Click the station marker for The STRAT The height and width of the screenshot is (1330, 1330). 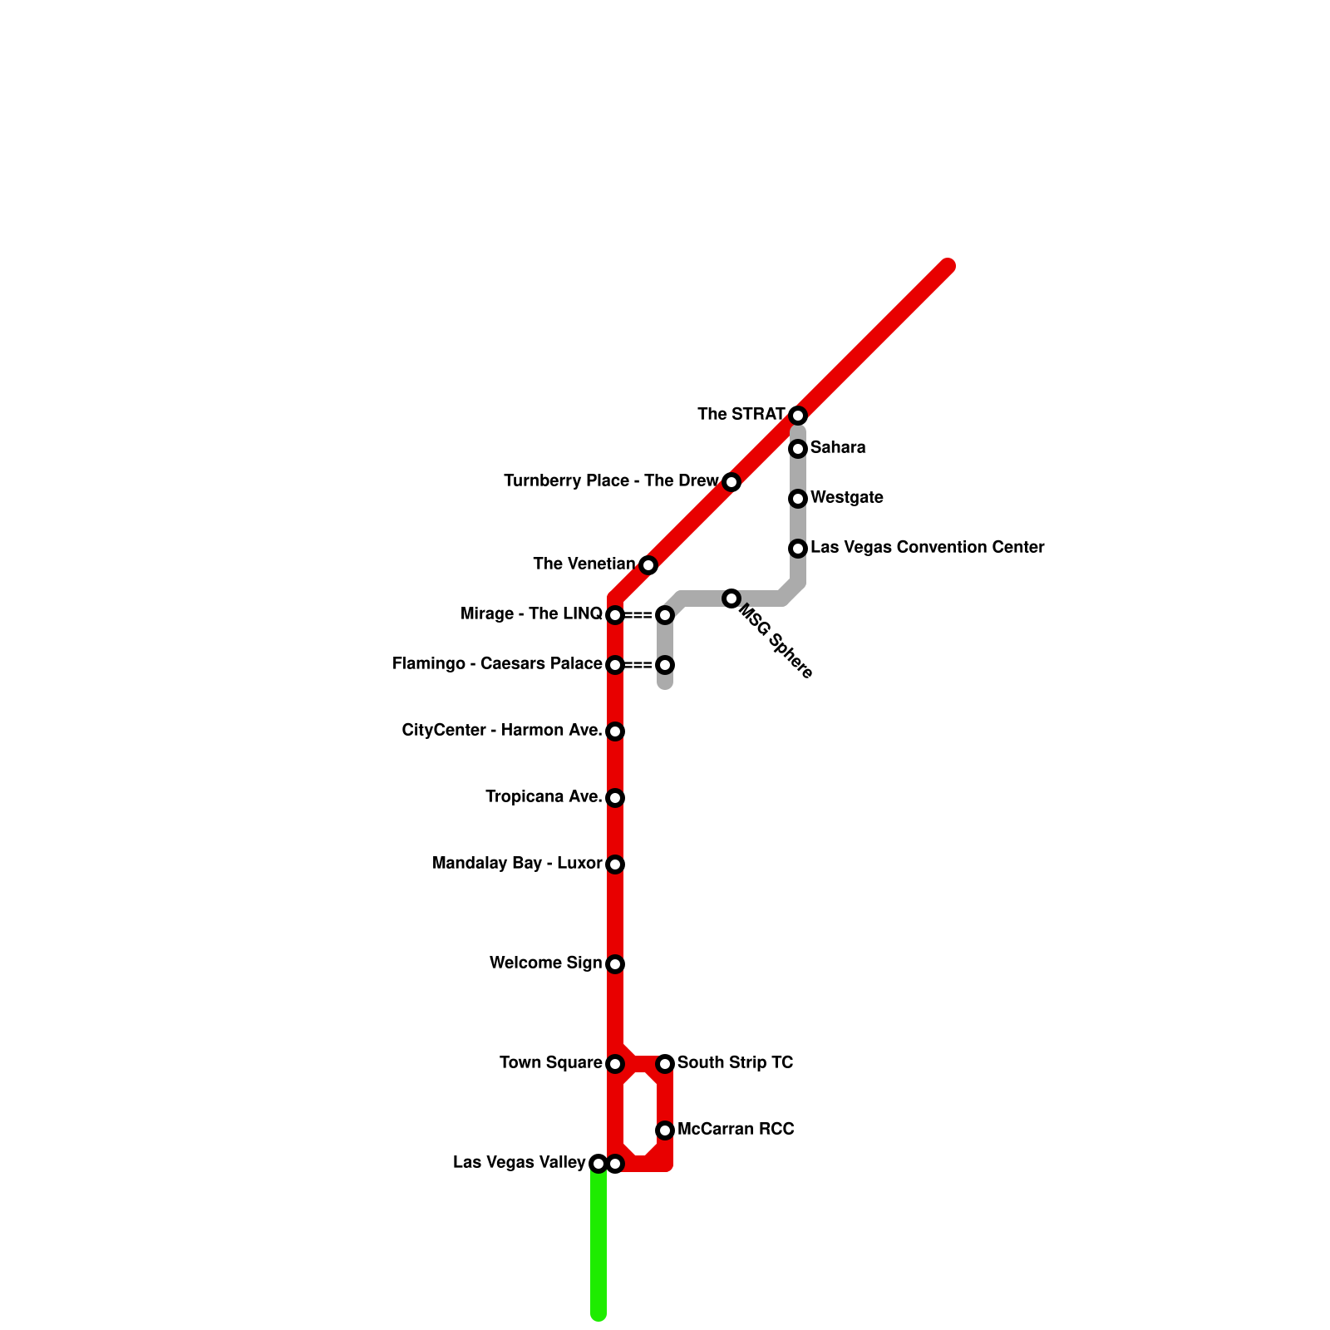click(x=798, y=415)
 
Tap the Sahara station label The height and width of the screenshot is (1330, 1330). click(x=838, y=448)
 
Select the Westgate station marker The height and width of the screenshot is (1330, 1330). click(x=798, y=499)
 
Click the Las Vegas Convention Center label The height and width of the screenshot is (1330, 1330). click(x=927, y=548)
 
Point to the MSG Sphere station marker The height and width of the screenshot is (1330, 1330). click(x=731, y=598)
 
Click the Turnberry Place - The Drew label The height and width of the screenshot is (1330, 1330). click(x=611, y=481)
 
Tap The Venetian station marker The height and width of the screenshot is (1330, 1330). click(x=648, y=565)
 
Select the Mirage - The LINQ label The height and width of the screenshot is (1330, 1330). click(x=531, y=614)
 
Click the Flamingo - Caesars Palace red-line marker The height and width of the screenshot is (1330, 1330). click(x=615, y=665)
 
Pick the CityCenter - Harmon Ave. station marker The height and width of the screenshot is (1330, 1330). click(x=615, y=731)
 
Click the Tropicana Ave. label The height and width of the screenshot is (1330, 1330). click(x=544, y=797)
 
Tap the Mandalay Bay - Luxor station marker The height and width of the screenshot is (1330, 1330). click(x=615, y=864)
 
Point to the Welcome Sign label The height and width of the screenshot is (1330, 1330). click(x=545, y=963)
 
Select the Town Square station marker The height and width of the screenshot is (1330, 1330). click(x=615, y=1064)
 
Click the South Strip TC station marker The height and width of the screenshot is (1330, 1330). click(x=665, y=1064)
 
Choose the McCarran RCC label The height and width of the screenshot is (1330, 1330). click(x=736, y=1130)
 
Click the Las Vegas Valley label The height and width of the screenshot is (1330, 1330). click(x=520, y=1163)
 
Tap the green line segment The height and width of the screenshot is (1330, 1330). click(x=598, y=1247)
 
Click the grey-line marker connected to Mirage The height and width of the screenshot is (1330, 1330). click(x=665, y=615)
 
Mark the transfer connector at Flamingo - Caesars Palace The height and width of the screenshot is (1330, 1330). click(x=639, y=665)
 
